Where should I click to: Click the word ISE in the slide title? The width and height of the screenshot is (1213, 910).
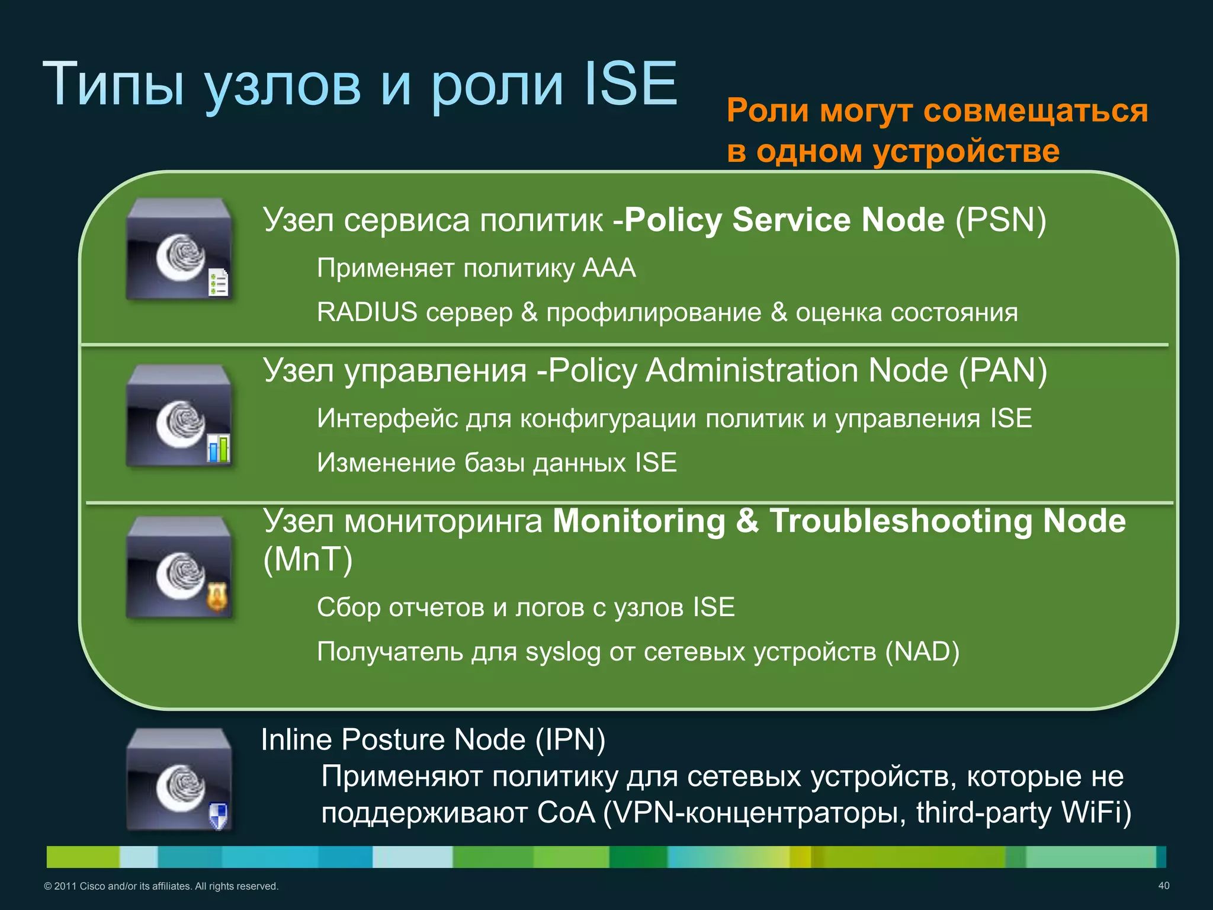(630, 84)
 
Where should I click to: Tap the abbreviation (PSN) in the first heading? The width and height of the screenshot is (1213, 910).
(1000, 220)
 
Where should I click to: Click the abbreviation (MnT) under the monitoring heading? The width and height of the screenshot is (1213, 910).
(307, 559)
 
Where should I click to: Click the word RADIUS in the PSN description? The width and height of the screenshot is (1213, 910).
(367, 312)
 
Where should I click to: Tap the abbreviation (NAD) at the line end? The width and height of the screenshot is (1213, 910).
(922, 652)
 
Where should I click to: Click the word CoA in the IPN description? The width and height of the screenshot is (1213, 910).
(566, 812)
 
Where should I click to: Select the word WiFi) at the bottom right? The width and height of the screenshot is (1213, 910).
(1096, 812)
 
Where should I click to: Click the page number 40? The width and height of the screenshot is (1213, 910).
(1163, 886)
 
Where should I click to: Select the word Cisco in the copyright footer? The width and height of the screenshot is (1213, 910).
(92, 886)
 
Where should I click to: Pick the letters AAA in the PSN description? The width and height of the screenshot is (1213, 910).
(609, 268)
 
